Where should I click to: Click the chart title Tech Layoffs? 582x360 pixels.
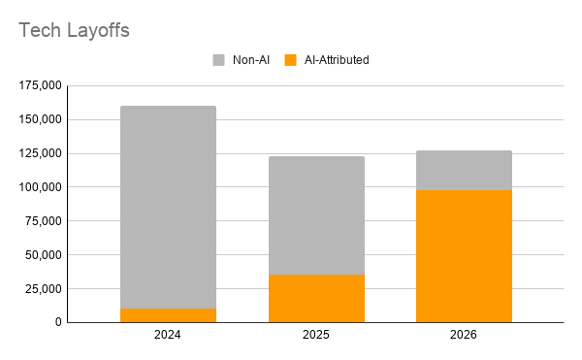pyautogui.click(x=74, y=30)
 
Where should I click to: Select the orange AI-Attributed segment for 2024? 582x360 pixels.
pyautogui.click(x=168, y=315)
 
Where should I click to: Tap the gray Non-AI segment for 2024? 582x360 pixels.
pyautogui.click(x=168, y=207)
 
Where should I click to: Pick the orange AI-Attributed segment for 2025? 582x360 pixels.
pyautogui.click(x=316, y=299)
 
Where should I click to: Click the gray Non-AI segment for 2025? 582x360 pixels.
pyautogui.click(x=316, y=215)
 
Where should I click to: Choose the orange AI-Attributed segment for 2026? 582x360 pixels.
pyautogui.click(x=464, y=256)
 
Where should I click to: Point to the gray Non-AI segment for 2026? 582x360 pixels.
pyautogui.click(x=464, y=171)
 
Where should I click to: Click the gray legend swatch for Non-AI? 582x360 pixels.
pyautogui.click(x=218, y=60)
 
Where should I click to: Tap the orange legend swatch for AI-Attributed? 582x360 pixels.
pyautogui.click(x=291, y=60)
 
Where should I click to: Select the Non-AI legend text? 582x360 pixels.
pyautogui.click(x=251, y=60)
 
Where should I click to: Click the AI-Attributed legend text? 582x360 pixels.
pyautogui.click(x=337, y=60)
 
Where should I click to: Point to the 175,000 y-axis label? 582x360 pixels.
pyautogui.click(x=40, y=85)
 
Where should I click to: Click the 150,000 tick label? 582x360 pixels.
pyautogui.click(x=40, y=119)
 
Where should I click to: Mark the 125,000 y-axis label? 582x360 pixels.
pyautogui.click(x=40, y=153)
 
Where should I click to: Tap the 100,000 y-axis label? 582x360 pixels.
pyautogui.click(x=40, y=187)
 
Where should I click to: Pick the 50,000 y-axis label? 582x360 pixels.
pyautogui.click(x=43, y=255)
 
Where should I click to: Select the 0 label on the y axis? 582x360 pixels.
pyautogui.click(x=58, y=322)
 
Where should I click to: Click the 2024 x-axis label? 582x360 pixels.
pyautogui.click(x=168, y=335)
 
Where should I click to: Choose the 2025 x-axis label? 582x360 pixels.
pyautogui.click(x=316, y=335)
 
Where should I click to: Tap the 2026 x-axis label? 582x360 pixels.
pyautogui.click(x=464, y=335)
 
